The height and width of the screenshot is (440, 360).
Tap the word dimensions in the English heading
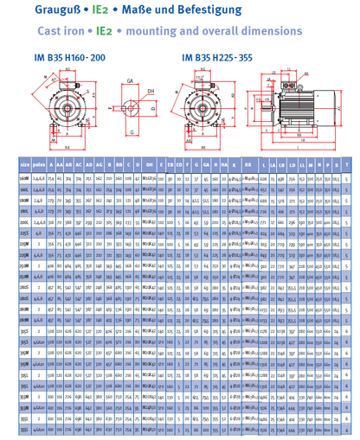pyautogui.click(x=269, y=30)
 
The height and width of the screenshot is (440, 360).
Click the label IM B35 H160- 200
pyautogui.click(x=54, y=58)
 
